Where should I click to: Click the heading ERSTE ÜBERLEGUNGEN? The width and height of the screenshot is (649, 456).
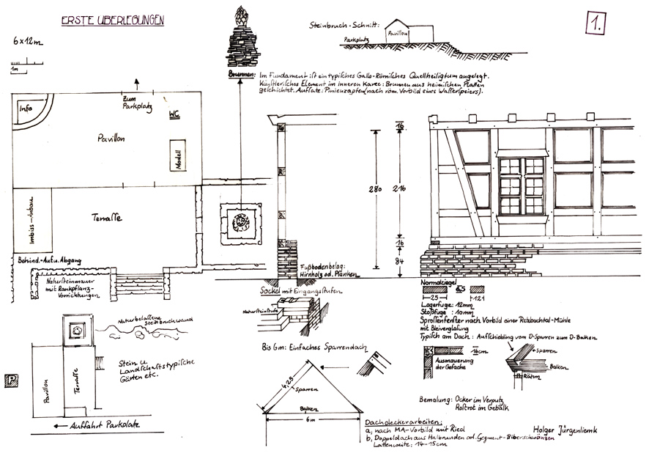(112, 21)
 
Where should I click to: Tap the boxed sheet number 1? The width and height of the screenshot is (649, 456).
(595, 25)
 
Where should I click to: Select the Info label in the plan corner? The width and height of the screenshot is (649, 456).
(26, 109)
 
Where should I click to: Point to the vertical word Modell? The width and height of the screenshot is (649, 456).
(178, 155)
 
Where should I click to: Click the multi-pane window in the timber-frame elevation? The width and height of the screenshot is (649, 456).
(522, 185)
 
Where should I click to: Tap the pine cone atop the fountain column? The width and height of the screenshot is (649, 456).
(240, 15)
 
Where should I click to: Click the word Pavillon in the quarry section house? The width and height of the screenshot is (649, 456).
(399, 34)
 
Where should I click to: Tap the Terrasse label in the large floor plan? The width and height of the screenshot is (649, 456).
(108, 218)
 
